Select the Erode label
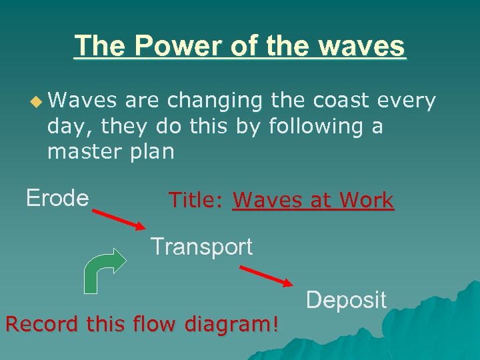pos(57,198)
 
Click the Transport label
pos(201,247)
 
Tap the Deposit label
pos(346,300)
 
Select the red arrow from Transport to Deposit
pos(265,275)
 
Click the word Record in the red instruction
pos(39,325)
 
